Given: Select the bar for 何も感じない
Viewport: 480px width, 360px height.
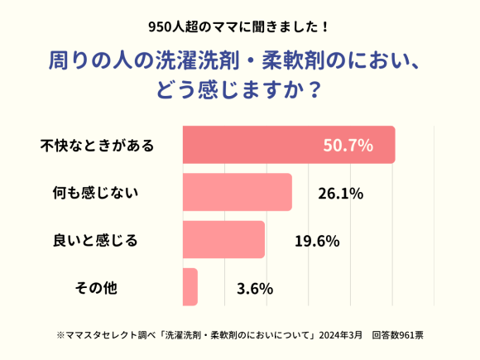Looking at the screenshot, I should pyautogui.click(x=237, y=193).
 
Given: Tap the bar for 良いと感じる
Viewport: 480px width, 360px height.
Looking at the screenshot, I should pyautogui.click(x=223, y=240).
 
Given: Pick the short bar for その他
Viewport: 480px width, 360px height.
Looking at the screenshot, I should pyautogui.click(x=190, y=287).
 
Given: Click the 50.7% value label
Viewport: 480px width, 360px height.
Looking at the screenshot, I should pyautogui.click(x=348, y=146).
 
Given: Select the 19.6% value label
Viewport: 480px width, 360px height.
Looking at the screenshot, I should pyautogui.click(x=318, y=241).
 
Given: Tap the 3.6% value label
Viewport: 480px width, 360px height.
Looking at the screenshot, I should pyautogui.click(x=255, y=289).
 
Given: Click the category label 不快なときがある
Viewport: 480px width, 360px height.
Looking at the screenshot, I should pyautogui.click(x=98, y=146).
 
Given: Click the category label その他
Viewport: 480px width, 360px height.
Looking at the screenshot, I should pyautogui.click(x=96, y=289).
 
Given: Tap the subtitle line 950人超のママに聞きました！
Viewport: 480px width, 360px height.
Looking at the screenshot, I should pyautogui.click(x=239, y=26).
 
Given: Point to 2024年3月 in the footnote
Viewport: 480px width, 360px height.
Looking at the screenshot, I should pyautogui.click(x=340, y=335).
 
